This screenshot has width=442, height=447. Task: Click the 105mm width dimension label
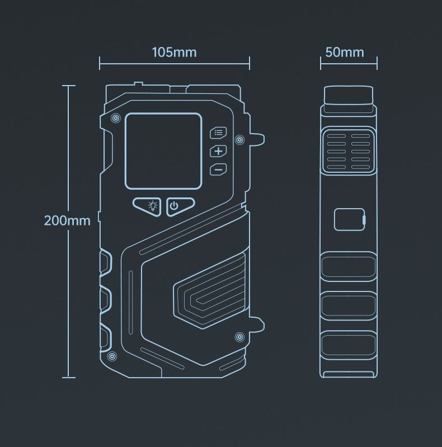pos(174,53)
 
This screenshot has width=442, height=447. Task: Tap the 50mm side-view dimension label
pos(345,53)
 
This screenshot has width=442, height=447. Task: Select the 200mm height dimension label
pos(67,220)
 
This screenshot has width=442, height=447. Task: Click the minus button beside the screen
pos(218,170)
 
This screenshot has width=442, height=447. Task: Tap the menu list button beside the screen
pos(218,133)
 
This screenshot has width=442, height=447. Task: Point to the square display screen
pos(163,152)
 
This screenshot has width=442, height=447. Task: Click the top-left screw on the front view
pos(115,117)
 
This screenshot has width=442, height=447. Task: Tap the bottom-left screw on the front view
pos(112,356)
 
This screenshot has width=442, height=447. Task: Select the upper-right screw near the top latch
pos(239,139)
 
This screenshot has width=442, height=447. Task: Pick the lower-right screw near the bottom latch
pos(239,337)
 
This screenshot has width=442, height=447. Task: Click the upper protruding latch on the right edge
pos(257,139)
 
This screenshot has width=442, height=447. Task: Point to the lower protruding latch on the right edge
pos(257,324)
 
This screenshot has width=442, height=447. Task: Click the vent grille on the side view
pos(349,151)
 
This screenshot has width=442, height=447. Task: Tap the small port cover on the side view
pos(350,219)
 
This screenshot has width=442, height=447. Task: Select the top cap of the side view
pos(349,96)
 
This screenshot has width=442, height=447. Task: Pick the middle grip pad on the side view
pos(349,305)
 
